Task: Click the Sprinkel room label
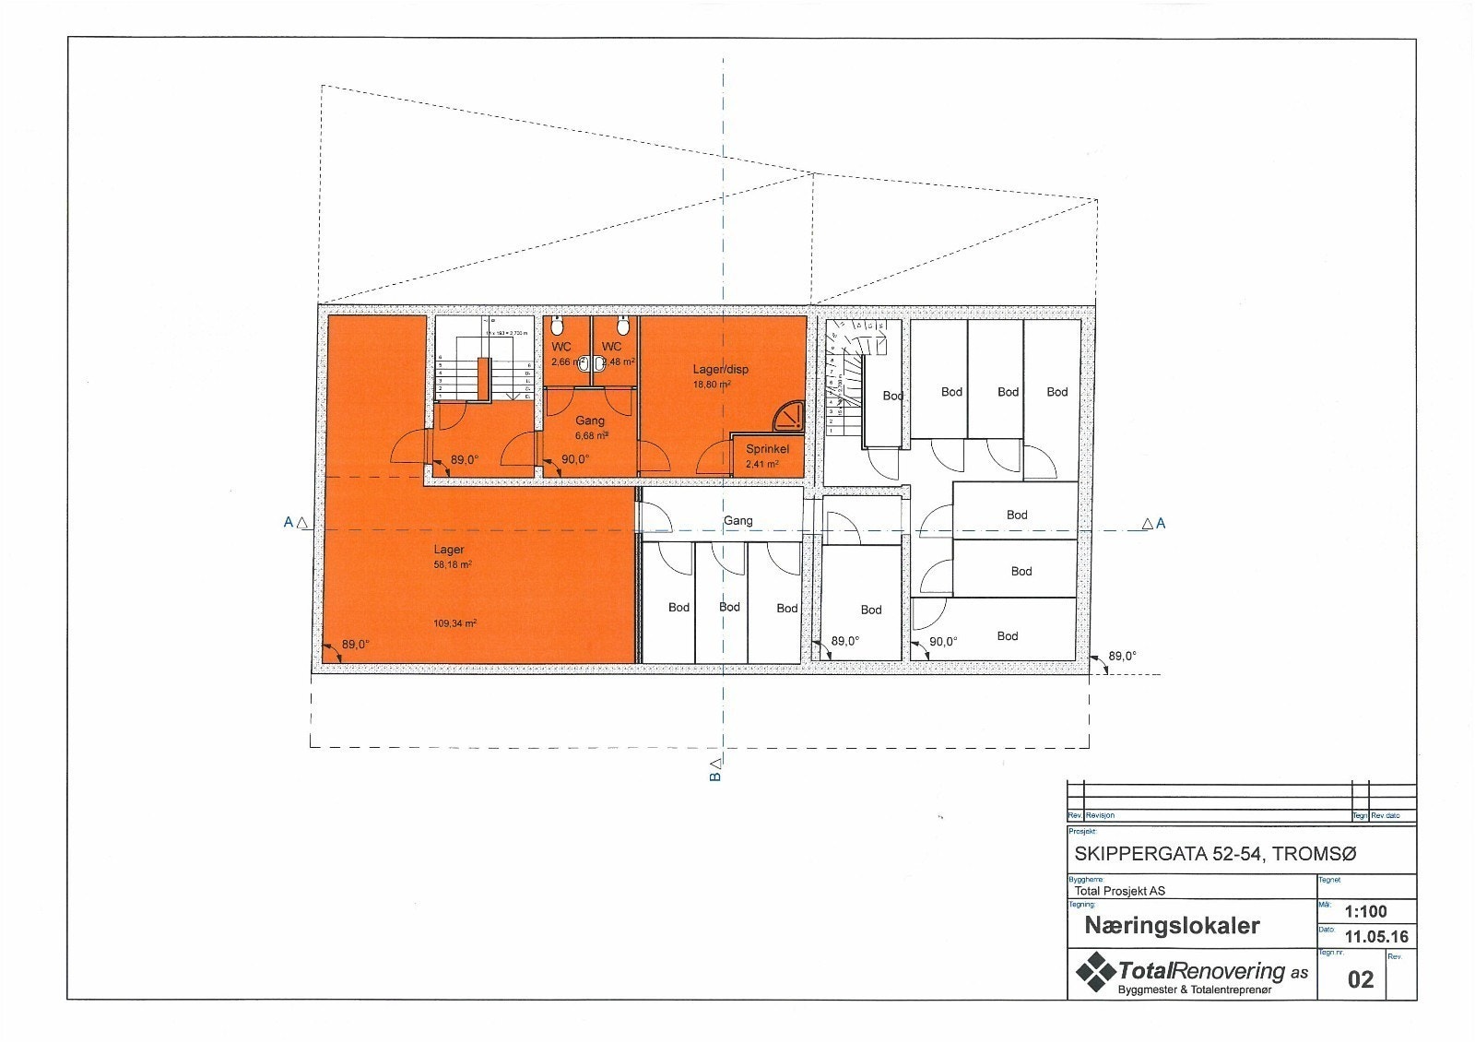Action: (767, 449)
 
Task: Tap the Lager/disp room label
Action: (721, 369)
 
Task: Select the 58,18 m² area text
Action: (453, 564)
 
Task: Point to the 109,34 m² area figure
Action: (454, 623)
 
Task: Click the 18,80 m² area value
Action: (712, 385)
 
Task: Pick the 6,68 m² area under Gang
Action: (591, 435)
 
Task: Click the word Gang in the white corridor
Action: (737, 520)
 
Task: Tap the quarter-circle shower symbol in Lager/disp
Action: (787, 417)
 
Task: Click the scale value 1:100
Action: (1365, 911)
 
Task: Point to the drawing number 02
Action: (1361, 979)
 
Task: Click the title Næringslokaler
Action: (1172, 925)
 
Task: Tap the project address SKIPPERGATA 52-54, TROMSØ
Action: (1215, 854)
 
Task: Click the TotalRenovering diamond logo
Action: (1095, 972)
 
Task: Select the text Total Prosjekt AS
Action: (1120, 891)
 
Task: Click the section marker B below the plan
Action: (714, 776)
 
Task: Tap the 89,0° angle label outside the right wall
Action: (1122, 657)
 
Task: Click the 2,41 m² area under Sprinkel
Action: (761, 464)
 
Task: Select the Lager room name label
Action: (449, 550)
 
